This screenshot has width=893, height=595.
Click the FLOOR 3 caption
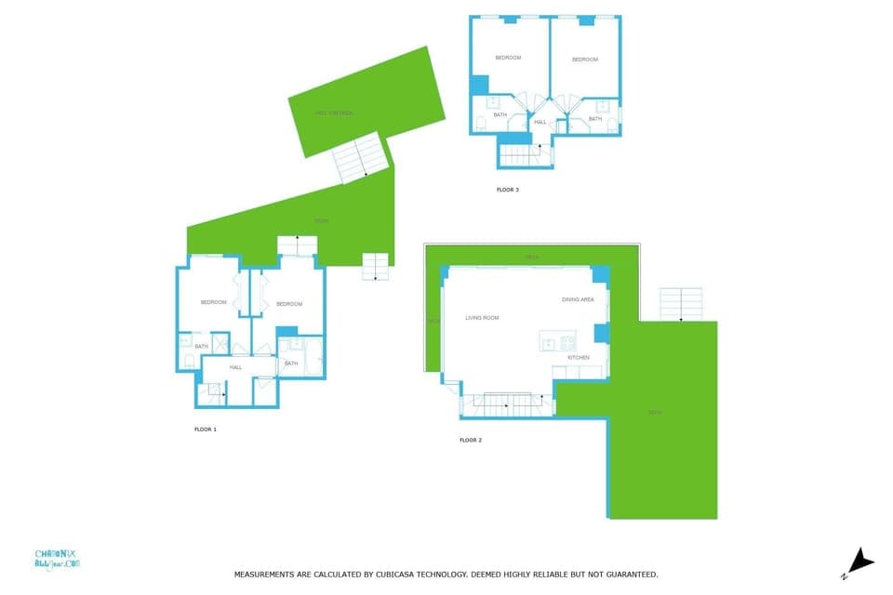click(507, 190)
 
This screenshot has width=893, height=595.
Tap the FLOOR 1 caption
click(205, 430)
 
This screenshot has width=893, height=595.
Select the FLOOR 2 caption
click(470, 440)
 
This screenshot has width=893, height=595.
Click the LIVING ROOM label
click(482, 318)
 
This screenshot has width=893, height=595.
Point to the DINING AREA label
click(578, 299)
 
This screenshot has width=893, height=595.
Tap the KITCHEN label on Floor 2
click(579, 357)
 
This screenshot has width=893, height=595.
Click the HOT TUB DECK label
click(334, 113)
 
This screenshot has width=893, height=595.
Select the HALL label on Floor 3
click(540, 122)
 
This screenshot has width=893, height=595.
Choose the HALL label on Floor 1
click(236, 367)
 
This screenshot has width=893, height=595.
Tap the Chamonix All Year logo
click(58, 558)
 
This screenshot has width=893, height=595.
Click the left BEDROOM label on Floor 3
click(508, 58)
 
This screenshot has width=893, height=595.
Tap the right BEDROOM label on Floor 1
click(288, 304)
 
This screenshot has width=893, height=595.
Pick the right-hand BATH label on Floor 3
click(594, 118)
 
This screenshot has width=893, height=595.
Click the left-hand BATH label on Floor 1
click(202, 347)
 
